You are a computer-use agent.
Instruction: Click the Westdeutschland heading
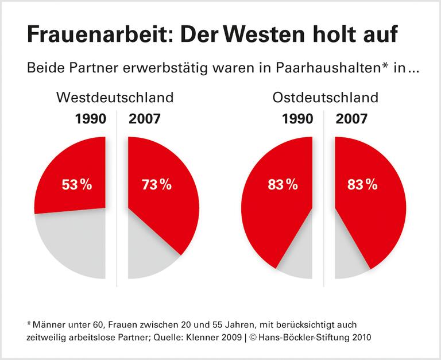click(114, 97)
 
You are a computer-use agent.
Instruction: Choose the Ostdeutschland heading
click(325, 97)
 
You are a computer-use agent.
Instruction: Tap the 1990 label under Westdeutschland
click(90, 119)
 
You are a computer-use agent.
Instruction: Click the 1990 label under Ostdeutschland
click(297, 119)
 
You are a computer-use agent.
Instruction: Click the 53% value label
click(76, 185)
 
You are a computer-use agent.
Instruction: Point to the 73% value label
click(156, 185)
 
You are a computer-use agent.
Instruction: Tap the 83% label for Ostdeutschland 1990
click(283, 185)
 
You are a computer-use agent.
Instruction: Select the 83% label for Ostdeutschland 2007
click(362, 185)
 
